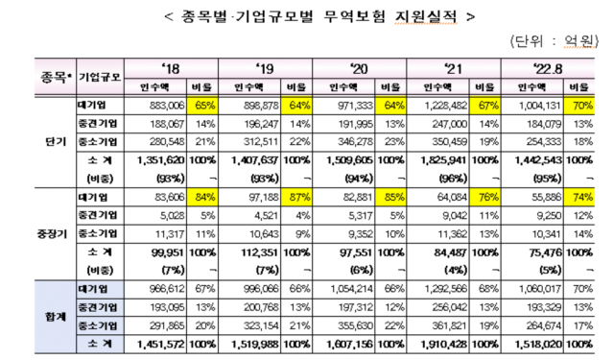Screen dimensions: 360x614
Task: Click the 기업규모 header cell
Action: [99, 78]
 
